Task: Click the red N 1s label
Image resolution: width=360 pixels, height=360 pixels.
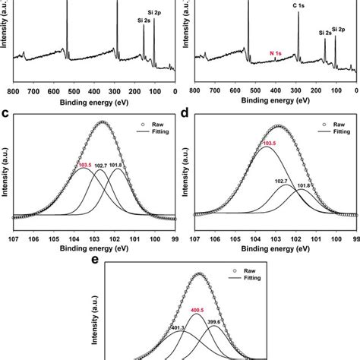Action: point(279,53)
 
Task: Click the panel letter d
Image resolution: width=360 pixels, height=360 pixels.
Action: point(186,114)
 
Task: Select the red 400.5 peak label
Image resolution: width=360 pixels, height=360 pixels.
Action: point(198,310)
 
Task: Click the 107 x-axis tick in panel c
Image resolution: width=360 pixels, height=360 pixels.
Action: point(13,238)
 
